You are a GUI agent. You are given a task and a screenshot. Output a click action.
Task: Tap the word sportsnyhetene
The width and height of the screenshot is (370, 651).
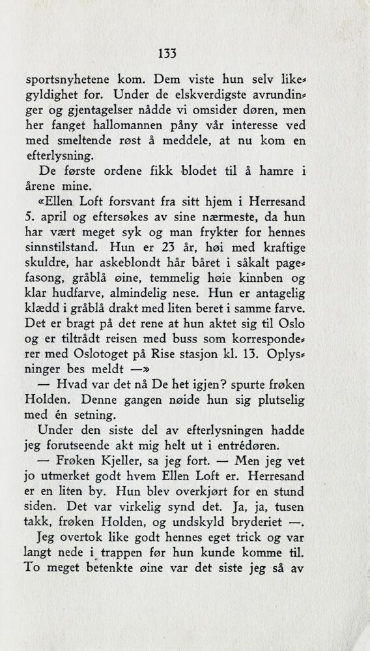tap(67, 81)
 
